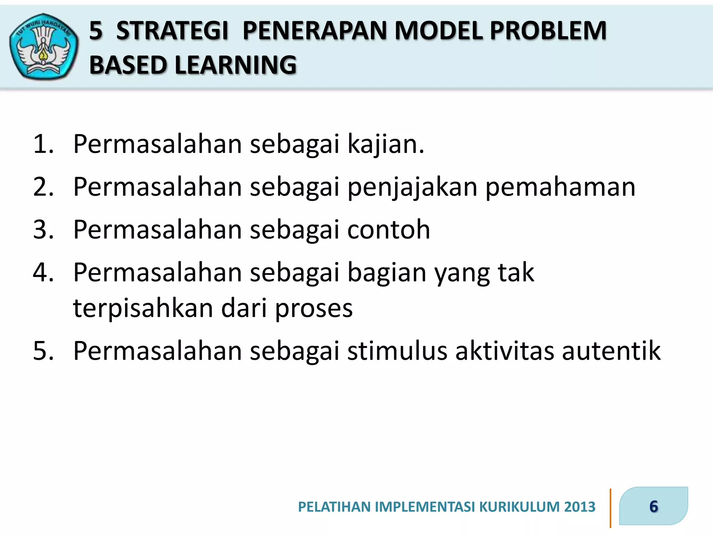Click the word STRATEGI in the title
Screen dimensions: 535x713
click(x=172, y=31)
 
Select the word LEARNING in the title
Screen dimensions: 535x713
click(x=235, y=65)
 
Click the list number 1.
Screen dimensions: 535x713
click(x=43, y=144)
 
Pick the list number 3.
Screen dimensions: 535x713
click(x=43, y=230)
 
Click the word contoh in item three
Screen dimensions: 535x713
click(x=389, y=230)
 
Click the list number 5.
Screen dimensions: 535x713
click(x=43, y=351)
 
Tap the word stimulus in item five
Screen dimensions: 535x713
click(x=397, y=351)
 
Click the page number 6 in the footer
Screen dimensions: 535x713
click(x=653, y=506)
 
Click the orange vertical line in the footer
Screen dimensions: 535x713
click(x=610, y=508)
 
